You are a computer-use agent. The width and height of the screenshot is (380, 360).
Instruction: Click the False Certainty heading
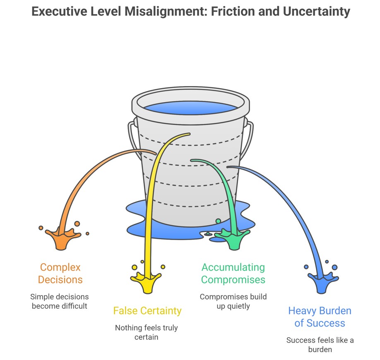point(147,310)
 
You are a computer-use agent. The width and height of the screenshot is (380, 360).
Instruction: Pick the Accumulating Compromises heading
point(233,274)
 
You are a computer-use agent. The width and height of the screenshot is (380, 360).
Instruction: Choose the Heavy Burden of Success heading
point(320,317)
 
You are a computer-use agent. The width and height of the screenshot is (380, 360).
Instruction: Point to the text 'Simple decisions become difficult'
point(59,301)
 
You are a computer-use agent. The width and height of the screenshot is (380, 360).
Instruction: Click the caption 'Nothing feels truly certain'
point(147,332)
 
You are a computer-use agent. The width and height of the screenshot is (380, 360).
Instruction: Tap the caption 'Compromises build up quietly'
point(233,301)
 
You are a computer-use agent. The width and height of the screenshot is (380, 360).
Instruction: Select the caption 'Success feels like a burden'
point(320,345)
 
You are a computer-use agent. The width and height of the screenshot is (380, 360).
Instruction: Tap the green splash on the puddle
point(233,240)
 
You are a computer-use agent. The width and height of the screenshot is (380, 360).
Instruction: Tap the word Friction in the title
point(231,11)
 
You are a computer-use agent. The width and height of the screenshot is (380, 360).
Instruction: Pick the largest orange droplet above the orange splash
point(77,224)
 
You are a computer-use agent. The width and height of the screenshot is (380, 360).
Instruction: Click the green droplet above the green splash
point(218,221)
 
